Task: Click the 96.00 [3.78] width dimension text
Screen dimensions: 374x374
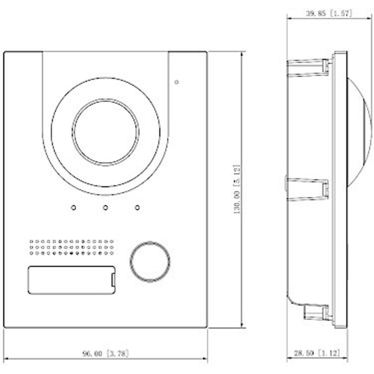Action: tap(105, 354)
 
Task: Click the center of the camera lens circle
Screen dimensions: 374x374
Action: tap(105, 131)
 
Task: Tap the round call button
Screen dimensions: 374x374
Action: tap(150, 261)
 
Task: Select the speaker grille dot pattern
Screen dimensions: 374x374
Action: tap(72, 247)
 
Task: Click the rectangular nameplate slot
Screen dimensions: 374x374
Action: tap(72, 280)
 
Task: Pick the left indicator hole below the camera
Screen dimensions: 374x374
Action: tap(73, 207)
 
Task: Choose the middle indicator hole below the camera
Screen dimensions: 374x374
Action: tap(106, 207)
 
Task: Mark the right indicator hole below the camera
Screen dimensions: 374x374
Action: tap(137, 207)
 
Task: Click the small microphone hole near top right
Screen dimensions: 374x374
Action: tap(176, 83)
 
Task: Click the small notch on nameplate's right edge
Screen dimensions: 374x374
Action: tap(113, 280)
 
